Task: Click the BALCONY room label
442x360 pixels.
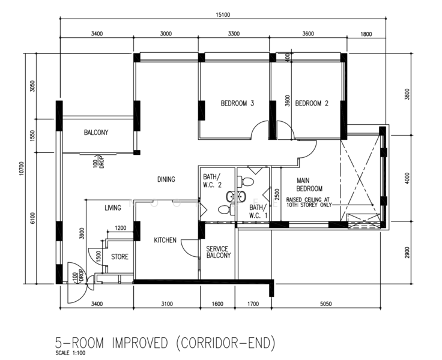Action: pos(96,133)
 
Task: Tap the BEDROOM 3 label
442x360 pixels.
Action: pos(237,103)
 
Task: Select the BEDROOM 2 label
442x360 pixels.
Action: pos(312,103)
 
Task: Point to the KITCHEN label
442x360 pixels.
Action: pos(165,240)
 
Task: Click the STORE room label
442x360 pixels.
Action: pos(120,257)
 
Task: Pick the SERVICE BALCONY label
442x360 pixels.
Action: pos(219,252)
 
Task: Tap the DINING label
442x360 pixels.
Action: pos(166,179)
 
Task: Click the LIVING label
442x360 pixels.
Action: pos(113,208)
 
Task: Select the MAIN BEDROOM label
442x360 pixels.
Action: pos(309,185)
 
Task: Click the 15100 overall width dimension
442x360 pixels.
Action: pos(223,15)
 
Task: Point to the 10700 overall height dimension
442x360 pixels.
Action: pos(22,169)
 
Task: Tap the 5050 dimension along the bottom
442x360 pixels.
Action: pos(326,304)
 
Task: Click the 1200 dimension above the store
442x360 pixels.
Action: pos(120,228)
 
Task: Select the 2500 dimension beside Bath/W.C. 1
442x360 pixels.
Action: pos(276,194)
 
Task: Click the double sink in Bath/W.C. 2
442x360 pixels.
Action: pos(236,196)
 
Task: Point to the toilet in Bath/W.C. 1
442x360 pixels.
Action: pos(246,181)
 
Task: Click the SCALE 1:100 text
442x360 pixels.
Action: pos(70,353)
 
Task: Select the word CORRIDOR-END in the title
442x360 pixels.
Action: pos(226,343)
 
